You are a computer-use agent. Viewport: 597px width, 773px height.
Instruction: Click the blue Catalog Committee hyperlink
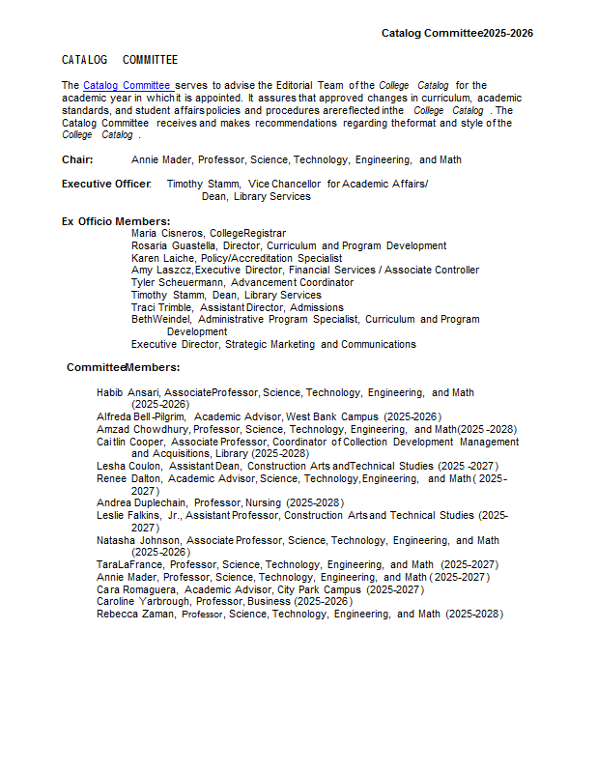point(128,85)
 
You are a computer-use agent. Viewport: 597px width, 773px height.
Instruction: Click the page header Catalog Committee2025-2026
point(457,33)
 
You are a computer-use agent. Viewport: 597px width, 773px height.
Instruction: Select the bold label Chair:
point(77,159)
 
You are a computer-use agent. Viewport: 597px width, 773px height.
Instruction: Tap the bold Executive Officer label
point(106,184)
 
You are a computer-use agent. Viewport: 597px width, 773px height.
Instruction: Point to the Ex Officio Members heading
point(116,221)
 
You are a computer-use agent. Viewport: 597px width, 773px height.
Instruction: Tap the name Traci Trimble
point(161,307)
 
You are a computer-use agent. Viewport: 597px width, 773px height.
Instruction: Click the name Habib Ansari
point(128,392)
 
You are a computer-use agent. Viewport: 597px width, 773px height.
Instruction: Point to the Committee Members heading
point(123,367)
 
